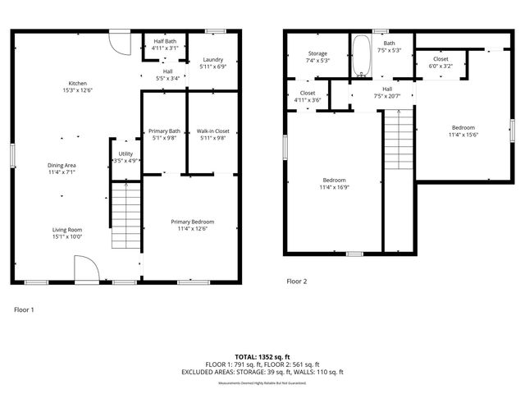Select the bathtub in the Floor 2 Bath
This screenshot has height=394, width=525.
tap(362, 56)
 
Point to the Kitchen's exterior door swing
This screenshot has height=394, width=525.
tap(120, 43)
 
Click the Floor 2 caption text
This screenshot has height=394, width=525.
tap(296, 281)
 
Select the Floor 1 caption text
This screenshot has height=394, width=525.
tap(25, 309)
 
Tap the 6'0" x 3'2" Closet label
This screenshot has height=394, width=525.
tap(441, 62)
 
